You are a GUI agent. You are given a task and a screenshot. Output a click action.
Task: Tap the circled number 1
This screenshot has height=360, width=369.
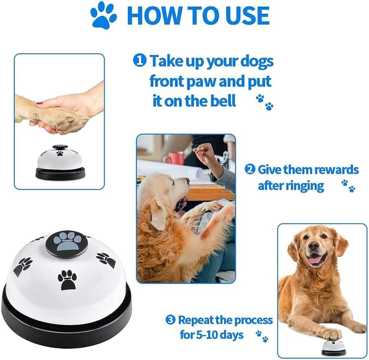pos(140,61)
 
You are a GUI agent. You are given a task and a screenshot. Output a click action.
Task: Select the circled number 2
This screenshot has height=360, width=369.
pos(250,170)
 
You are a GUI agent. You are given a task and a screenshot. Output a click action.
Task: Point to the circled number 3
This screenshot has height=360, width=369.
pos(170,320)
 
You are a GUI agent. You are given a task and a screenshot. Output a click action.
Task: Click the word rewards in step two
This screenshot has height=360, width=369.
pos(336,170)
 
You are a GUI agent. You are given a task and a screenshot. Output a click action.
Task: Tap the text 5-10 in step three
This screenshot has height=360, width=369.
pos(211,334)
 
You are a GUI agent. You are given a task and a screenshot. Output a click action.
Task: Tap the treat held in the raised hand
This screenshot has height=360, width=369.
pos(198,151)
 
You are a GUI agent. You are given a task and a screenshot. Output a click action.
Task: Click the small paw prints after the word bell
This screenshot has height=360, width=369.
pos(265,103)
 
